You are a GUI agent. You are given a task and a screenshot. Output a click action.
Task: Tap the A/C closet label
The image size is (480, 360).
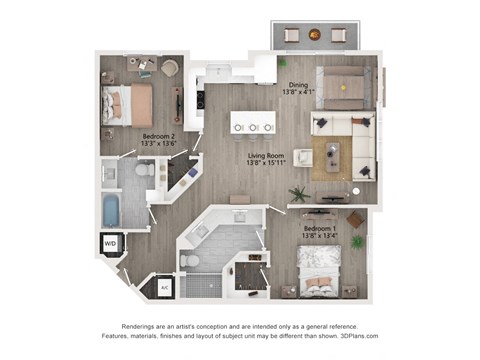pos(164,287)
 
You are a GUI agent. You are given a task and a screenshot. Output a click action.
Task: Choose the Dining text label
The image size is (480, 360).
pos(299,87)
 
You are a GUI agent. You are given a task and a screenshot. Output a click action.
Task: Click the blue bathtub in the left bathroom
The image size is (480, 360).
pos(112,210)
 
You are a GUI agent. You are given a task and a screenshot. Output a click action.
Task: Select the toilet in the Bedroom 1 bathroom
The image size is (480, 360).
pos(190,261)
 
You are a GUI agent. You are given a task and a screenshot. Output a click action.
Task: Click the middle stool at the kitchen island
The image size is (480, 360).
pos(253,127)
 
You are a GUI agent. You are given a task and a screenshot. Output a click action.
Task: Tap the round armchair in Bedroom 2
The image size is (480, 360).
pos(168,68)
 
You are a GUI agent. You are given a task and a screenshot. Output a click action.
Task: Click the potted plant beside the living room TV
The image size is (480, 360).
pos(297,193)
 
